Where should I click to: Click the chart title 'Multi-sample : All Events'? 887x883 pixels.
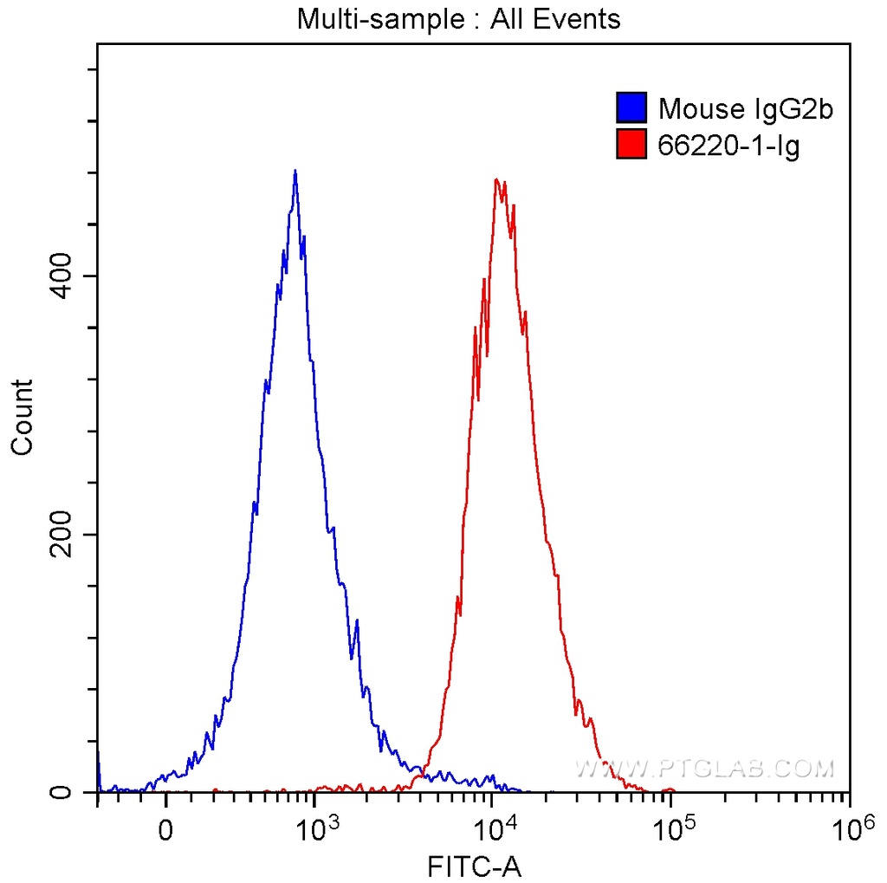458,19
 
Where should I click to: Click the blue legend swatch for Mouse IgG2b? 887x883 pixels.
631,108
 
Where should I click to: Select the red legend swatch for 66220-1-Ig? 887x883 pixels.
631,145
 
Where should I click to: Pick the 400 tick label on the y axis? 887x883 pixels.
62,276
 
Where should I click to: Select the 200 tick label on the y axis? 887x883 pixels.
62,534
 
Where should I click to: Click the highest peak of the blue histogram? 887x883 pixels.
295,172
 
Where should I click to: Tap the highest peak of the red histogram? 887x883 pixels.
496,180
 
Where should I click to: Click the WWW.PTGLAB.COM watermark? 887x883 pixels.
704,769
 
